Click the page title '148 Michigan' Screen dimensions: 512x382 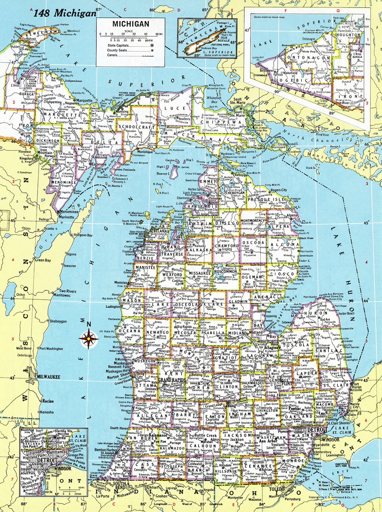pos(65,13)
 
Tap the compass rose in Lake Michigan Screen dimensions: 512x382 pos(89,339)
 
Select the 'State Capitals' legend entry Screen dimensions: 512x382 pos(118,46)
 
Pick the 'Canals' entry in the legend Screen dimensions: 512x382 pos(112,55)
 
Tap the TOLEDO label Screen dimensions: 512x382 pos(277,489)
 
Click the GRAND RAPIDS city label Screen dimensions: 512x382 pos(172,380)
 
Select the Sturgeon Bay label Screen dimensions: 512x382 pos(83,235)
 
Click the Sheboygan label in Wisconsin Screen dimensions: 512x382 pos(58,322)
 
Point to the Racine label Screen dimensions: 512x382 pos(48,401)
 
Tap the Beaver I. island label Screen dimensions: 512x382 pos(163,174)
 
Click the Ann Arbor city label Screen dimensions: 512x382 pos(267,441)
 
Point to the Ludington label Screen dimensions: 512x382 pos(113,306)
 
